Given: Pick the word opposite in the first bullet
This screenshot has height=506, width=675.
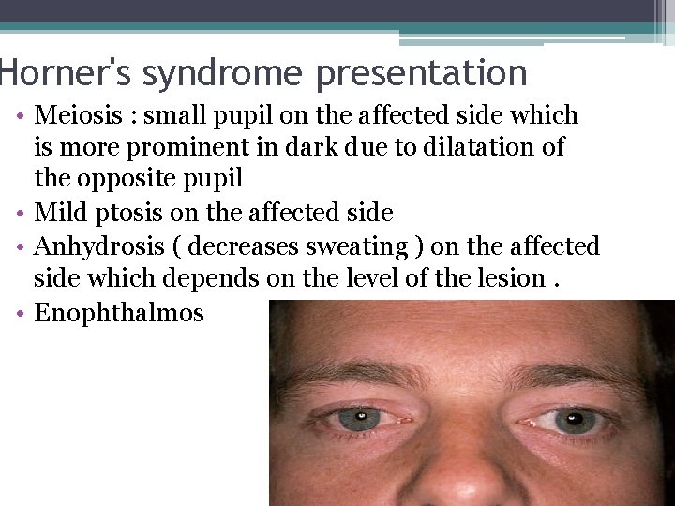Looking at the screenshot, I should pos(132,177).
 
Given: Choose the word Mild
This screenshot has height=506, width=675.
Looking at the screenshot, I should pos(61,214).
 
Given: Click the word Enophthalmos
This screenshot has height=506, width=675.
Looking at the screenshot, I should pos(119,312).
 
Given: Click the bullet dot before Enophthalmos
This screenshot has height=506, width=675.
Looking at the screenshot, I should pos(20,312).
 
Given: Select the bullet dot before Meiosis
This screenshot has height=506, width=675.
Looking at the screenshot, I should pos(20,116).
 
